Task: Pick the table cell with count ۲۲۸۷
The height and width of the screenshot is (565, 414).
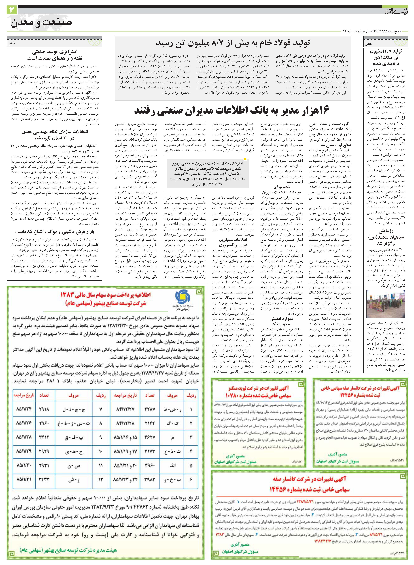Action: pyautogui.click(x=150, y=409)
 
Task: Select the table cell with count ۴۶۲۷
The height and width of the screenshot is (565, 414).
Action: pyautogui.click(x=150, y=437)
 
